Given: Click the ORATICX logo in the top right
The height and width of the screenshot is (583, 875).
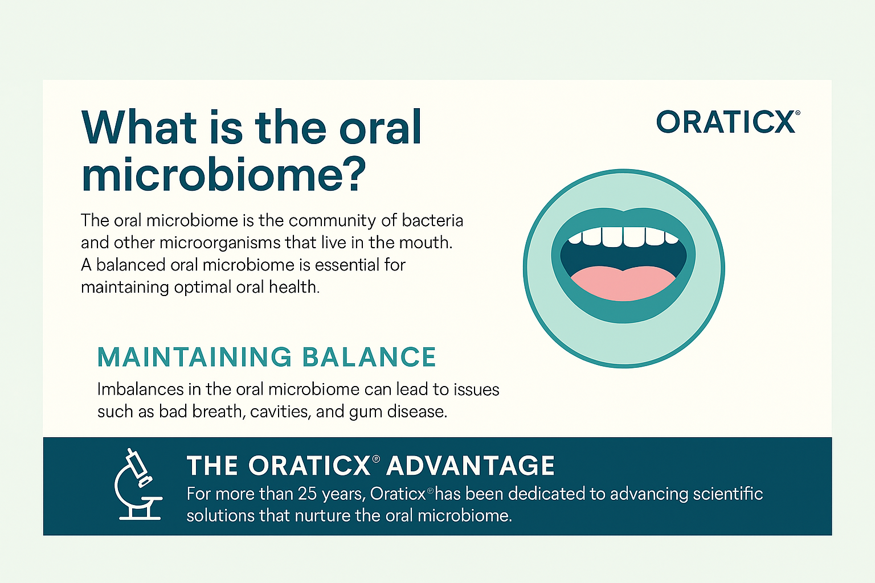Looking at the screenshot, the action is point(727,121).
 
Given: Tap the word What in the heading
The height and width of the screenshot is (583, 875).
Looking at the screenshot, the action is point(139,127).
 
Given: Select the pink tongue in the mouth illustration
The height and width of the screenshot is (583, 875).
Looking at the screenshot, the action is point(623,284).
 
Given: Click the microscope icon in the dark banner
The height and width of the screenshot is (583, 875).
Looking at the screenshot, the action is point(138,484).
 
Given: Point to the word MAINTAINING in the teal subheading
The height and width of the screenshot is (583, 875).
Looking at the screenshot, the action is point(194,357).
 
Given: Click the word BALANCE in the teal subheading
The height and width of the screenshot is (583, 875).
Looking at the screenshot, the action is point(369,357).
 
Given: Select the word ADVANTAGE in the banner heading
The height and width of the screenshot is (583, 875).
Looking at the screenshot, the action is point(471,466).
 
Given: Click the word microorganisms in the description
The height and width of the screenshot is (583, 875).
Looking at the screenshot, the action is point(220,243).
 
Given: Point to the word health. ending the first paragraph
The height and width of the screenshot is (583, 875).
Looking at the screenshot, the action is point(294,287).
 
